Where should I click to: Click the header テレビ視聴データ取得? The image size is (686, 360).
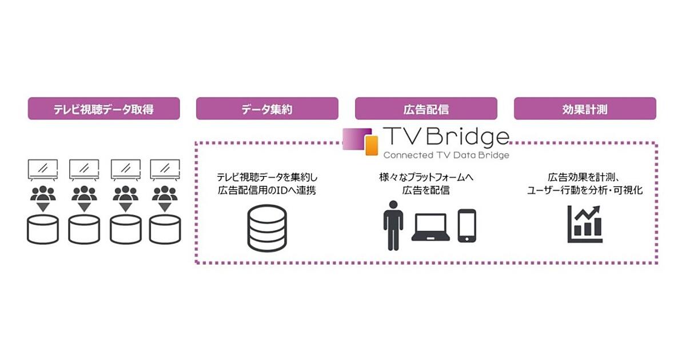(103, 109)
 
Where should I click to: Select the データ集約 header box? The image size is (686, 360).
(267, 109)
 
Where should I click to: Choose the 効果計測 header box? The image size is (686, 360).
(584, 109)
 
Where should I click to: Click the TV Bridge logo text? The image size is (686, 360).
(446, 138)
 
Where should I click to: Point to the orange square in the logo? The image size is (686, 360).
(372, 146)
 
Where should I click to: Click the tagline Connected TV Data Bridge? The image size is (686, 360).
(446, 155)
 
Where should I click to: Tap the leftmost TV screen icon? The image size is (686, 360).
(43, 169)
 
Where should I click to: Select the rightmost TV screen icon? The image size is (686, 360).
(165, 169)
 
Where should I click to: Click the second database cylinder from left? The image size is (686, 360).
(84, 230)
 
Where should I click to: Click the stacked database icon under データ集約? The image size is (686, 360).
(266, 227)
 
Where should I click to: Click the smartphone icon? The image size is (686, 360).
(466, 226)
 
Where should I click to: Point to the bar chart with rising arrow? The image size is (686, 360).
(585, 224)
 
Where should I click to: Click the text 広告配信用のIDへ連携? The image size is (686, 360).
(266, 190)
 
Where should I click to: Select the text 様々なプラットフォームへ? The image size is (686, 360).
(426, 178)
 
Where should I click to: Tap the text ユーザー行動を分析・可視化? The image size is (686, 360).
(584, 190)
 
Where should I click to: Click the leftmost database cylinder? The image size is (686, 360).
(43, 230)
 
